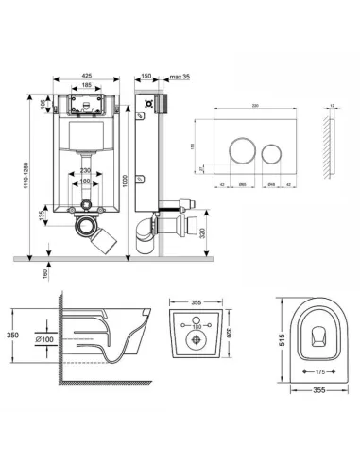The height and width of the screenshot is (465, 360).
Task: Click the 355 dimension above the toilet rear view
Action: tap(196, 303)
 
